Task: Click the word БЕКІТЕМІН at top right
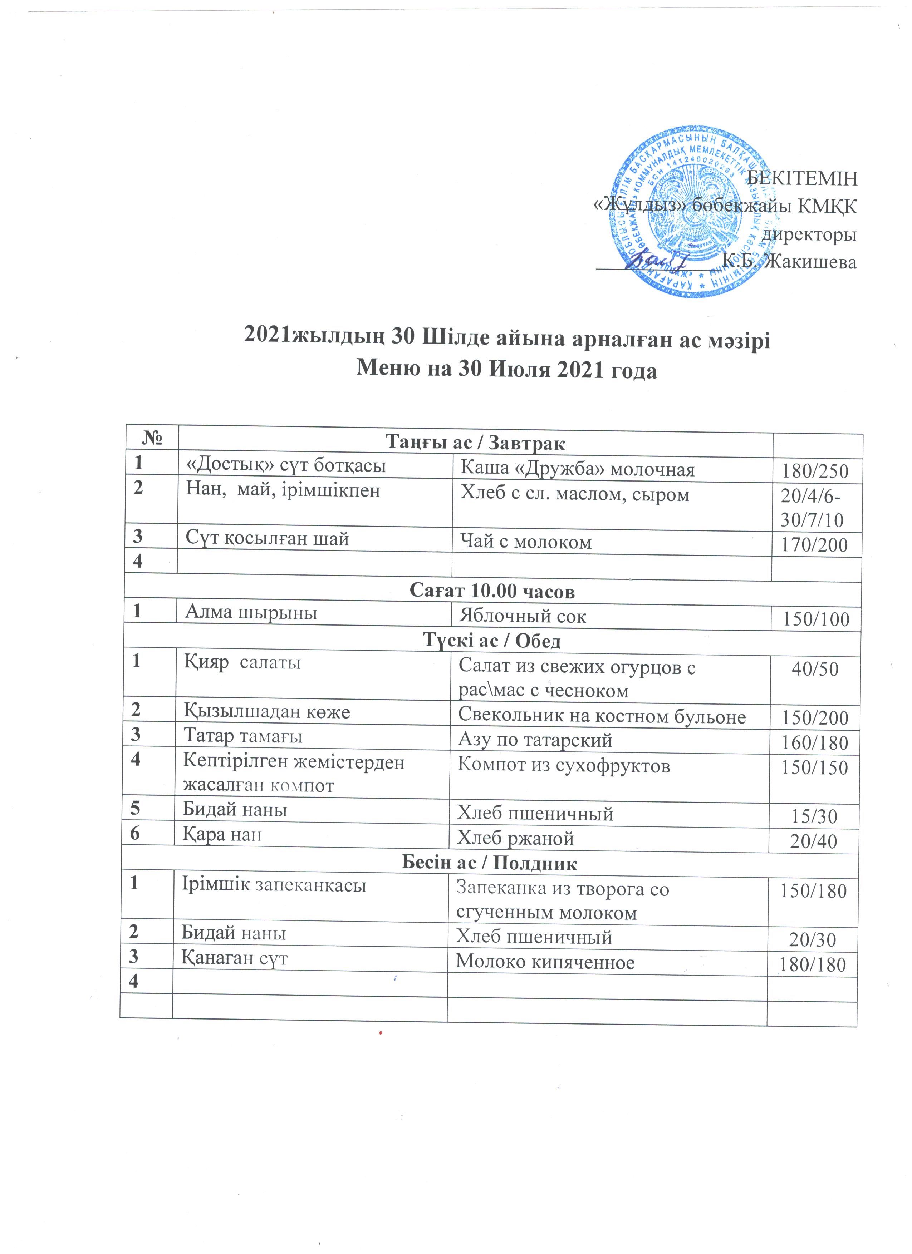[x=801, y=180]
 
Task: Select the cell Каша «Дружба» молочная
[x=577, y=470]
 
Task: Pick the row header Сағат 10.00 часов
[x=492, y=592]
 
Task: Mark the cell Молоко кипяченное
[x=545, y=963]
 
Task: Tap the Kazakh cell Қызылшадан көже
[x=266, y=712]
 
